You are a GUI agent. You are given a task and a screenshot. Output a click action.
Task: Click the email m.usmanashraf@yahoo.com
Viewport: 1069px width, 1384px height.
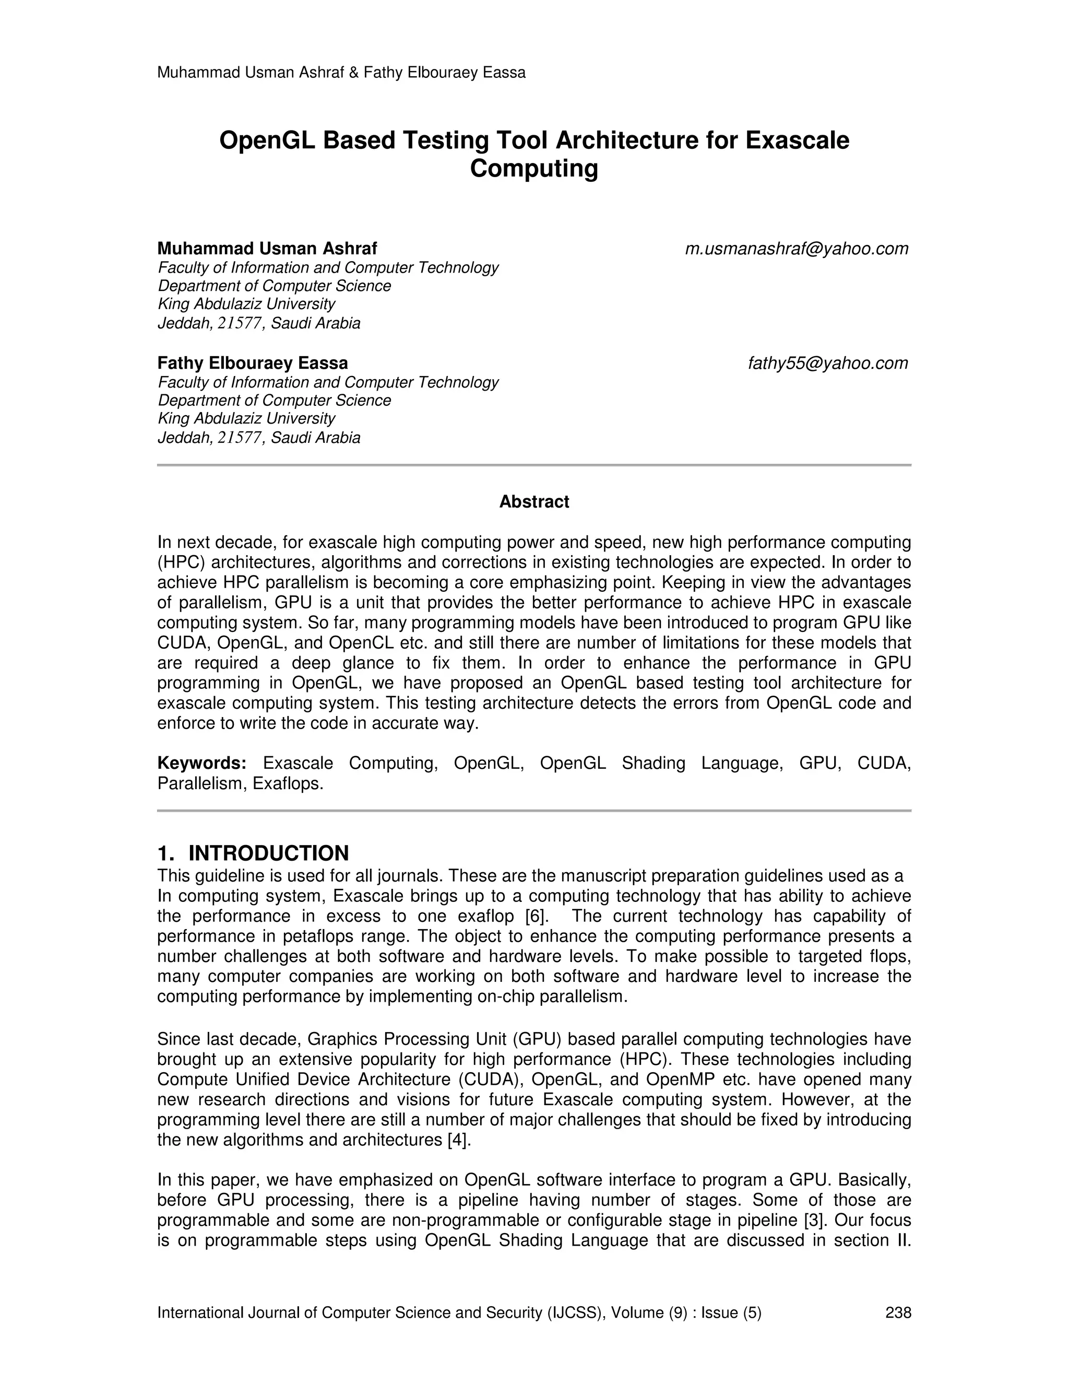click(796, 249)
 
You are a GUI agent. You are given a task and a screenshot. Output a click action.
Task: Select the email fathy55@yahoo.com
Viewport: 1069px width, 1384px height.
click(828, 363)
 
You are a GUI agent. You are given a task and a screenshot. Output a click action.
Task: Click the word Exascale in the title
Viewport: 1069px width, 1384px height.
click(798, 140)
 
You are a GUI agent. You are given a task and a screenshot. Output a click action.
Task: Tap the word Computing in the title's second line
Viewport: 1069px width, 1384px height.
click(534, 169)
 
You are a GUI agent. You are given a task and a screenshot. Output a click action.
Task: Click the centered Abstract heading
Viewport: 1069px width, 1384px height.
click(534, 502)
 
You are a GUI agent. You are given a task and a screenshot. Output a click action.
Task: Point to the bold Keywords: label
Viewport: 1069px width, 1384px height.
click(201, 763)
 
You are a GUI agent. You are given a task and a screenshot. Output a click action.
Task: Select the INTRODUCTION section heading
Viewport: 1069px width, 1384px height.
click(268, 853)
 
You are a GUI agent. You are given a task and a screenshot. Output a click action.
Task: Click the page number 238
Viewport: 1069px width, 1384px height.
click(898, 1312)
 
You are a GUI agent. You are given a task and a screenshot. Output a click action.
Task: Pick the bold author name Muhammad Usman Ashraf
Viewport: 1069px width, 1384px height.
click(267, 249)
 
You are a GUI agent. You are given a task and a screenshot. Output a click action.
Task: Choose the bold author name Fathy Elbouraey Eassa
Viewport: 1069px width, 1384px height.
click(253, 363)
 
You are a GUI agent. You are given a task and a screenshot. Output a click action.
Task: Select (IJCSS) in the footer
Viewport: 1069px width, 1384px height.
click(574, 1312)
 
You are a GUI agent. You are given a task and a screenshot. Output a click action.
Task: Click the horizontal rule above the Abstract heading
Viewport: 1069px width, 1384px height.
click(534, 465)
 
